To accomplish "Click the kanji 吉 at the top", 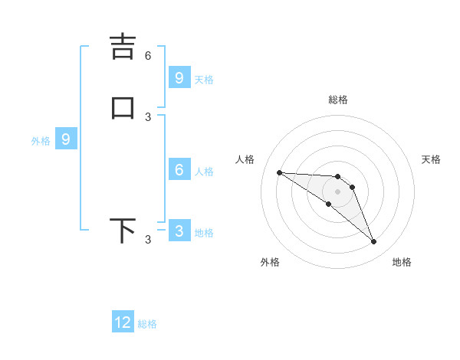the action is pos(123,47).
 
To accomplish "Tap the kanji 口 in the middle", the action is pos(123,108).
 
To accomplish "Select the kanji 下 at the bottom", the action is pos(123,231).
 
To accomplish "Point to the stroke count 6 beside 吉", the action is pos(148,55).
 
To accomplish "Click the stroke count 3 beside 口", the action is pos(148,116).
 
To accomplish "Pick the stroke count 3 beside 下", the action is pos(148,240).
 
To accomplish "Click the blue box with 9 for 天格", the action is pos(179,77).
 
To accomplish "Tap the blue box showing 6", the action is pos(179,170).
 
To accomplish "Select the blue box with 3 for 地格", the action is pos(179,231).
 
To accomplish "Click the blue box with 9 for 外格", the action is pos(66,139).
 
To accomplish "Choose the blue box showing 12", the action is pos(123,322).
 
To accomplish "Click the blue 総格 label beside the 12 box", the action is pos(147,324).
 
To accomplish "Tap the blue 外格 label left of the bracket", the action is pos(41,141).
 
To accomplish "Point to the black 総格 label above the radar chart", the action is pos(338,100).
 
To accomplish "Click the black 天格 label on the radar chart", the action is pos(432,159).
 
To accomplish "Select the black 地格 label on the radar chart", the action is pos(402,262).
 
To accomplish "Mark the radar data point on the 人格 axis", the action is pos(279,172).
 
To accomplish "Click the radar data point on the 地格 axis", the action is pos(374,242).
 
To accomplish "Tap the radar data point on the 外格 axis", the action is pos(328,204).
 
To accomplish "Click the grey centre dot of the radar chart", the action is pos(338,191).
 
